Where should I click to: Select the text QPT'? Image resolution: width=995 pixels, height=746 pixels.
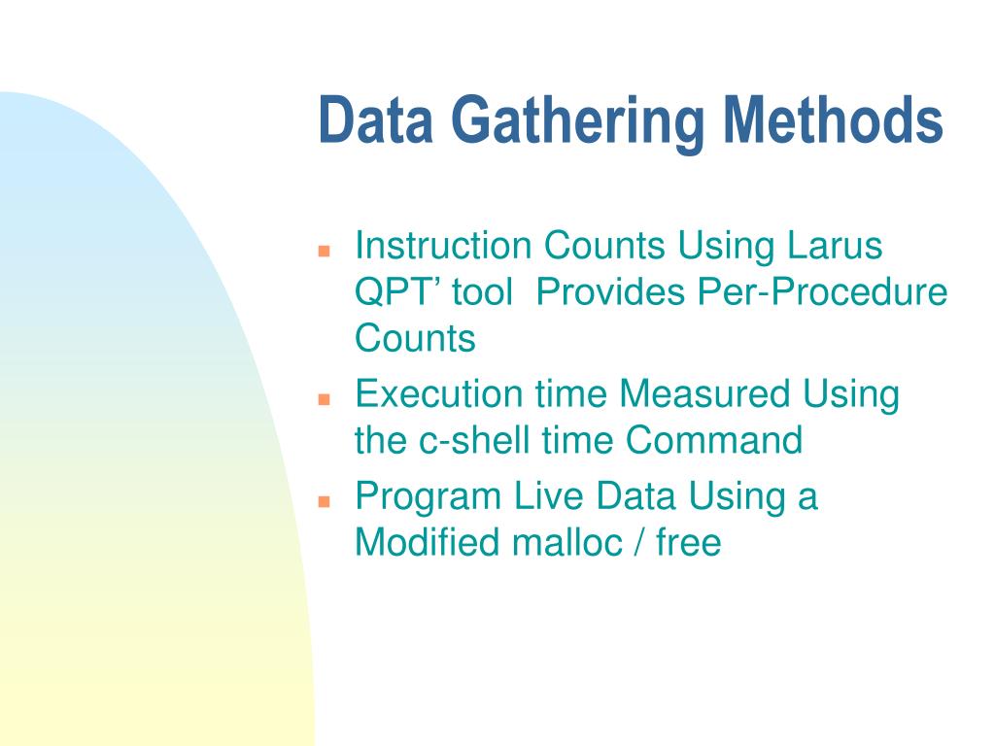390,292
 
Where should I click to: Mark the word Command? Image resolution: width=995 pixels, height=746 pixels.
714,441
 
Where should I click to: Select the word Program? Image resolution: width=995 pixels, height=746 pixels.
426,496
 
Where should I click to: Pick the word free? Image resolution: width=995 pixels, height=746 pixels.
689,542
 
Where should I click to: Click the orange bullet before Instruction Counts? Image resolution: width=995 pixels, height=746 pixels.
326,250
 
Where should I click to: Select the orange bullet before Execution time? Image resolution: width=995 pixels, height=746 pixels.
326,398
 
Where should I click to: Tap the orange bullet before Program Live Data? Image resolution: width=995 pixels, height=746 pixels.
326,500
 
